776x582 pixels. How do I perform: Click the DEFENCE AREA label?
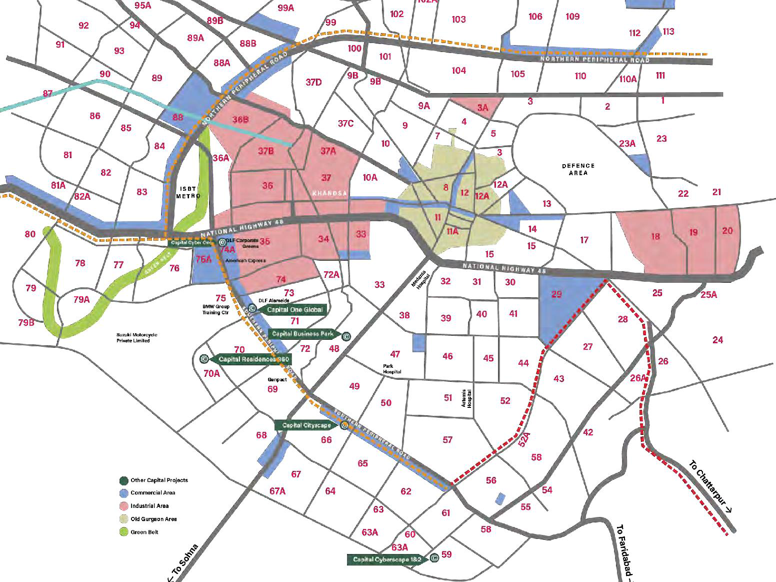click(578, 169)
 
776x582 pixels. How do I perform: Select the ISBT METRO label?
click(188, 192)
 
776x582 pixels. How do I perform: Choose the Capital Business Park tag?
click(303, 334)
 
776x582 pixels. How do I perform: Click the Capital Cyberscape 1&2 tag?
click(387, 559)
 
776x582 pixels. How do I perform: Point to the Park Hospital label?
click(392, 369)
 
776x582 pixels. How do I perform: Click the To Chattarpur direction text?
click(710, 486)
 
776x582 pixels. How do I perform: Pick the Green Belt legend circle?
click(123, 532)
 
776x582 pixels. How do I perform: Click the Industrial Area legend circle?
click(123, 506)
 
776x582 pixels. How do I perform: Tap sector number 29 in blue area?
click(556, 294)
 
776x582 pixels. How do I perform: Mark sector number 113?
click(668, 32)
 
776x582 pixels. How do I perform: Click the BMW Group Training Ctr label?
click(215, 309)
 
